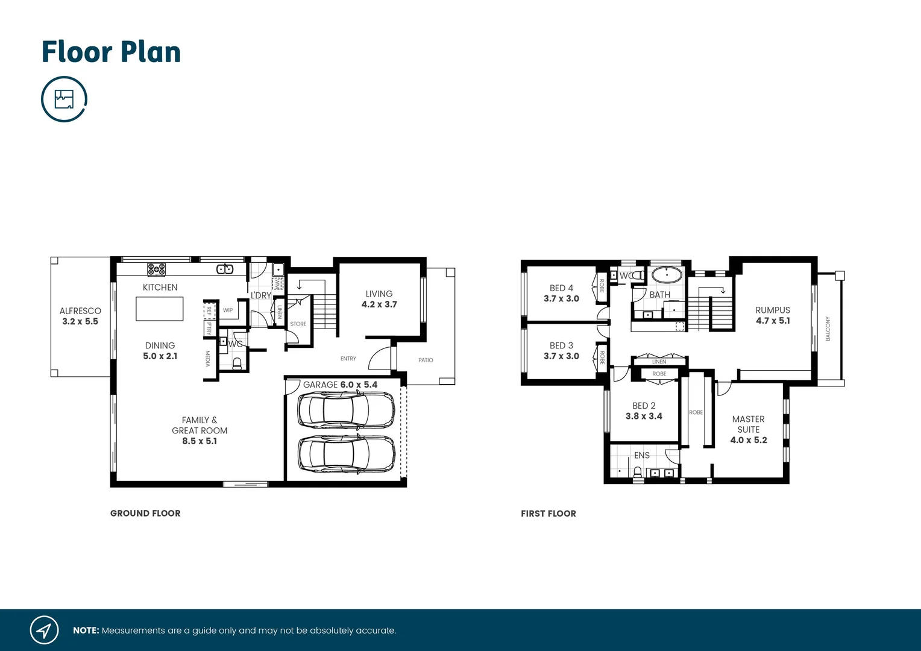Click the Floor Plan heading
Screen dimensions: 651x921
click(x=111, y=52)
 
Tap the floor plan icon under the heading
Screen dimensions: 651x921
click(x=64, y=99)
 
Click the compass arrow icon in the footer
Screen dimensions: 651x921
click(x=44, y=631)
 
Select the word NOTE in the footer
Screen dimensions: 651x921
click(x=86, y=631)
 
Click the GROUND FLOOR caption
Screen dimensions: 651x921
click(x=145, y=514)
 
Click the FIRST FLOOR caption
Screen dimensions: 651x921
click(x=549, y=514)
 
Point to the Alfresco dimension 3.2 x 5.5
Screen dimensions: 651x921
click(x=80, y=322)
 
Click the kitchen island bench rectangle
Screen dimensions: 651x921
click(x=160, y=309)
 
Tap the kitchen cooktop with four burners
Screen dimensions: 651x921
click(x=157, y=269)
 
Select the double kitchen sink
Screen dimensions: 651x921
click(x=225, y=269)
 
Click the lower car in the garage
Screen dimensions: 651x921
click(x=347, y=453)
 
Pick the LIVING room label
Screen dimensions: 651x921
click(x=379, y=294)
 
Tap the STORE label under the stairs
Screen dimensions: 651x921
click(x=298, y=324)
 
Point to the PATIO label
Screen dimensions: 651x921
click(x=426, y=360)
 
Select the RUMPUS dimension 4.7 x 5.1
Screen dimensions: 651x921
click(x=773, y=321)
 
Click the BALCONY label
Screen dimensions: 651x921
click(x=828, y=329)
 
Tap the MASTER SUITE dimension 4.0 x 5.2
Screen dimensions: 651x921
click(x=749, y=441)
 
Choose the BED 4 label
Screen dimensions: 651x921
click(x=561, y=288)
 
